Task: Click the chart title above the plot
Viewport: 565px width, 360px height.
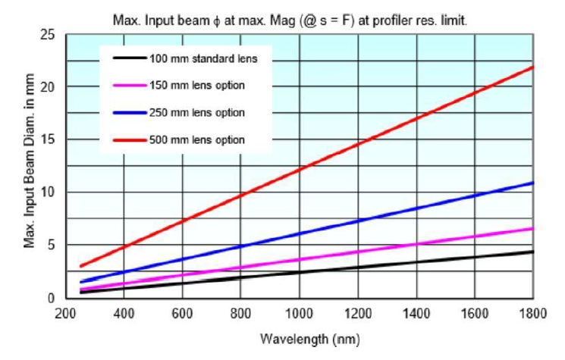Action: pos(290,20)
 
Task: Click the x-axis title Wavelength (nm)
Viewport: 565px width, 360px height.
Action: pos(310,339)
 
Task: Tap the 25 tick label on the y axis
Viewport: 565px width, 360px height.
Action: pos(48,35)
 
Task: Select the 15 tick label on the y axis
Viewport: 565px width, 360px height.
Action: pos(48,139)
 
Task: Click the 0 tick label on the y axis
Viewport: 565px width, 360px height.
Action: pos(51,298)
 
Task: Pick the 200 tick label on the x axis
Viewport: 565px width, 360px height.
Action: pos(65,313)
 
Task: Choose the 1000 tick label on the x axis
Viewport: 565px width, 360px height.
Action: pos(299,313)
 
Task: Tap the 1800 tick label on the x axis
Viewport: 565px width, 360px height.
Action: pos(532,313)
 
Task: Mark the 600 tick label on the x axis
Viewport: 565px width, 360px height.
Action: pos(182,313)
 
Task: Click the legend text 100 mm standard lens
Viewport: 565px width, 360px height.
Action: pos(203,58)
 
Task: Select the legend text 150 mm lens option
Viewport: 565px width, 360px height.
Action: pos(197,86)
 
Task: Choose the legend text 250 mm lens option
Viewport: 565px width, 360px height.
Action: pos(197,113)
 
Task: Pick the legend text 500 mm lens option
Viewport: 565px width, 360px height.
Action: pos(197,139)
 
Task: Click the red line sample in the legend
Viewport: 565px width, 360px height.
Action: pos(130,139)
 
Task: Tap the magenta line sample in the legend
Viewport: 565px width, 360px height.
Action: pos(130,86)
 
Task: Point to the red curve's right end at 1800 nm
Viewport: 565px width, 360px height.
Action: pos(532,67)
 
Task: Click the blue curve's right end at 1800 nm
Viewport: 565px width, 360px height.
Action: pos(532,183)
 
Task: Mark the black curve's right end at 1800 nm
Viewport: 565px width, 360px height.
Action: pos(532,252)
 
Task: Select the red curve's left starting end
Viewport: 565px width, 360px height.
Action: pos(80,267)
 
